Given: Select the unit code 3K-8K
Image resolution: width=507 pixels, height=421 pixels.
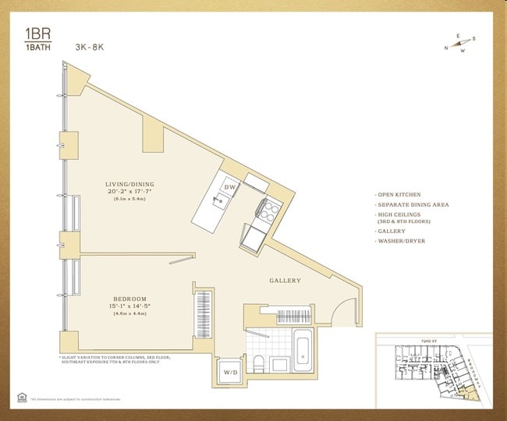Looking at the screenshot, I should click(x=90, y=48).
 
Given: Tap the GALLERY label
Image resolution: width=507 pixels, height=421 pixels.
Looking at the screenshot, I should click(x=285, y=281).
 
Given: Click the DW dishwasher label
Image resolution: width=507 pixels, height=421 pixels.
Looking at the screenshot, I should click(x=230, y=188).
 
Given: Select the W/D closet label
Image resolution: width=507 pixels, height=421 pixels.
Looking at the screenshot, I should click(x=231, y=372).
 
